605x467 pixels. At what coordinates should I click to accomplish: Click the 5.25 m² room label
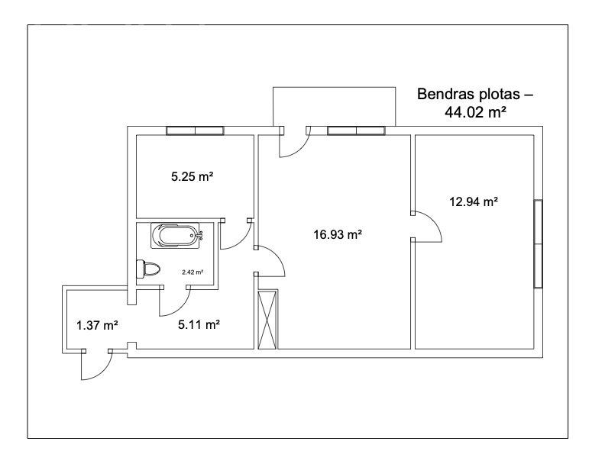click(x=192, y=177)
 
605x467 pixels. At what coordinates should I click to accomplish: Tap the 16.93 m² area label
click(x=338, y=234)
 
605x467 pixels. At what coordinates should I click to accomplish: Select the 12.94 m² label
click(x=474, y=201)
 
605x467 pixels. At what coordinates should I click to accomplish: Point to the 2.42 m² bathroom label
click(x=192, y=272)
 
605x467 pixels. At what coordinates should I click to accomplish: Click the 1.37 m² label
click(x=97, y=326)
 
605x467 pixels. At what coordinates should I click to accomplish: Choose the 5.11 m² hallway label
click(x=199, y=325)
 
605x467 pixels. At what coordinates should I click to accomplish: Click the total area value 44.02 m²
click(x=475, y=112)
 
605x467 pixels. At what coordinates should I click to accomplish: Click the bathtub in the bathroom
click(x=176, y=236)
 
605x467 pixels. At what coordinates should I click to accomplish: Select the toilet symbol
click(x=148, y=269)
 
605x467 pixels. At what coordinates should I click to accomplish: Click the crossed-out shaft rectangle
click(x=268, y=320)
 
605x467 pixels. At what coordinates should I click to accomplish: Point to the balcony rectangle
click(x=334, y=107)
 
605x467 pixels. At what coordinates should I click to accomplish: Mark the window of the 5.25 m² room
click(x=195, y=130)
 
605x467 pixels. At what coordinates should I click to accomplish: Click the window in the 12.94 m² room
click(x=539, y=243)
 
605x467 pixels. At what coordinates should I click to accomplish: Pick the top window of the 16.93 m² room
click(x=356, y=130)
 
